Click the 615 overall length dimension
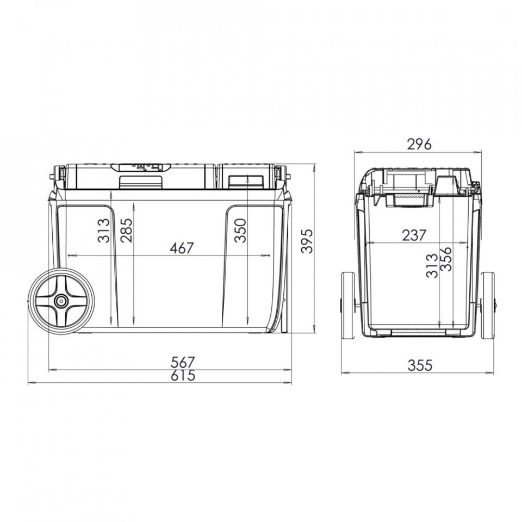183,376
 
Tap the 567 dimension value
183,362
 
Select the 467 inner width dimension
182,248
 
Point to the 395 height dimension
307,241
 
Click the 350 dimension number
240,231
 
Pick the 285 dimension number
127,231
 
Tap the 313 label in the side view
103,231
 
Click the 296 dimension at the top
419,145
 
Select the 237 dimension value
414,235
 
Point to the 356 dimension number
446,259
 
